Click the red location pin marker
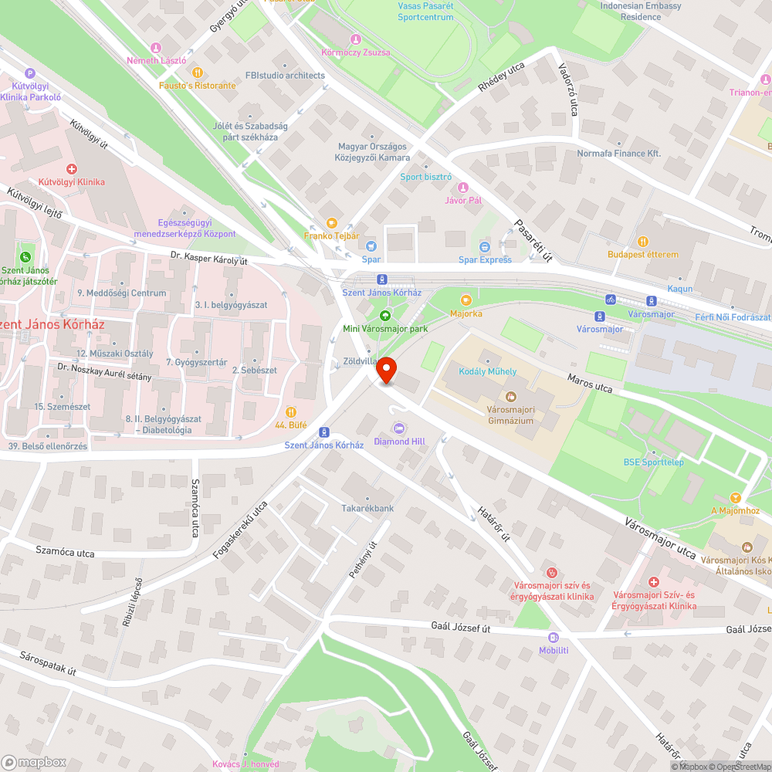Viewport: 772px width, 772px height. pos(386,371)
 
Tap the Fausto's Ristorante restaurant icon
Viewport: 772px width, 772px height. pos(197,72)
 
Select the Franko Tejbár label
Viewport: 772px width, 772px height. pos(331,236)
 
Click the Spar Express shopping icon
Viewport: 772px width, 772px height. pos(485,246)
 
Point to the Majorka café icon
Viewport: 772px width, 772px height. pos(466,300)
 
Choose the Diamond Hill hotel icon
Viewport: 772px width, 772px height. pos(399,428)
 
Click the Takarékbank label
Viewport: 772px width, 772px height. pos(368,508)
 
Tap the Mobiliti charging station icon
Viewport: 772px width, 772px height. pos(554,637)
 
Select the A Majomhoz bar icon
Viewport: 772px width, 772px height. pos(735,497)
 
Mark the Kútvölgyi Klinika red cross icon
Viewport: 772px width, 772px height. pos(72,168)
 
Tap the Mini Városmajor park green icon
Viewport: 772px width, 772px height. pos(384,315)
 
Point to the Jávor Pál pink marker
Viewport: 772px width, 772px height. pos(463,188)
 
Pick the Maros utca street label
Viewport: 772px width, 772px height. pos(589,383)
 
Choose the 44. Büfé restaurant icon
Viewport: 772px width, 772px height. pos(291,411)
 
